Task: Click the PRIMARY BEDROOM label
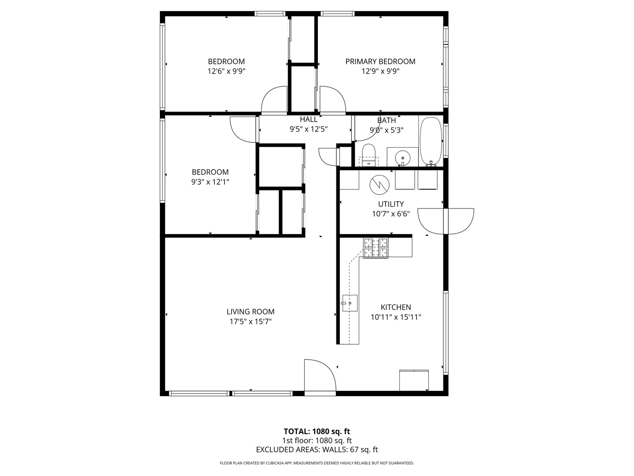point(380,62)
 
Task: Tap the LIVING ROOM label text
point(251,312)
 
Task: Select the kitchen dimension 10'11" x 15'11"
point(396,317)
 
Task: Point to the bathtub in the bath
point(431,141)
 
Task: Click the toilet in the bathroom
point(368,154)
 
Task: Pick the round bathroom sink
point(402,157)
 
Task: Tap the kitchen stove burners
point(376,248)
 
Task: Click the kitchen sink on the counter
point(350,303)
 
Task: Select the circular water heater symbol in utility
point(379,185)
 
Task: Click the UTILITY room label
point(391,204)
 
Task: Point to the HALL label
point(309,119)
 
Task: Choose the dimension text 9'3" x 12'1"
point(210,182)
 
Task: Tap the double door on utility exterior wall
point(446,220)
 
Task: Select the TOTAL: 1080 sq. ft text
point(317,431)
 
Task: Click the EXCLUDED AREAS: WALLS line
point(317,450)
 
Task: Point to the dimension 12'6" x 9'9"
point(226,71)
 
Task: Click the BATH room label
point(387,120)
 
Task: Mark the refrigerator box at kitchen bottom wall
point(414,380)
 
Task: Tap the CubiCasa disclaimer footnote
point(317,463)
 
